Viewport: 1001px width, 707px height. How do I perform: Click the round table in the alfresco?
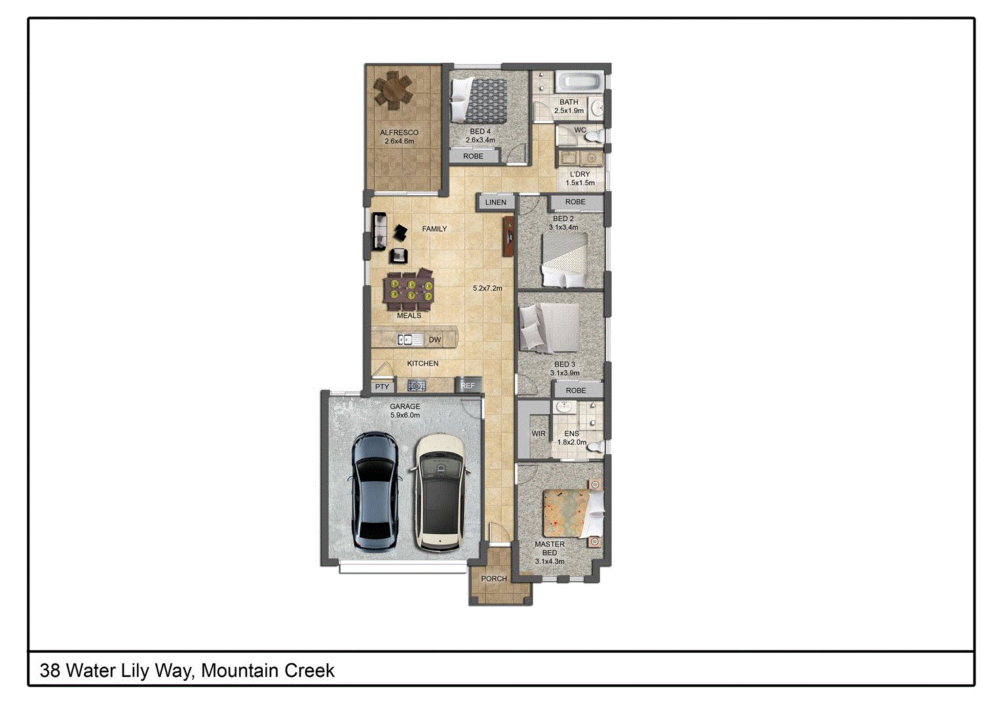[394, 90]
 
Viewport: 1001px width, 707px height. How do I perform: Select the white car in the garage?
[440, 492]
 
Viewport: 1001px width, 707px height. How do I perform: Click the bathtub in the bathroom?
[578, 83]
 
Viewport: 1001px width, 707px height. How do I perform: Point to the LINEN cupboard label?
[496, 202]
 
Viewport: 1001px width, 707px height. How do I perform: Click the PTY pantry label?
[382, 387]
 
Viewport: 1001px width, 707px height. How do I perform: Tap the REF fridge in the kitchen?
[468, 386]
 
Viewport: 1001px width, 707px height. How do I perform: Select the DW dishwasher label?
[435, 340]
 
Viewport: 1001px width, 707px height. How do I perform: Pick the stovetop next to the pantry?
[417, 386]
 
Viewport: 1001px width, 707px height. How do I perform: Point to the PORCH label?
[494, 579]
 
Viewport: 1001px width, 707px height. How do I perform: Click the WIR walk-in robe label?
[538, 434]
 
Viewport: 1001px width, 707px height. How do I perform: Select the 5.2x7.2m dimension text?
[487, 288]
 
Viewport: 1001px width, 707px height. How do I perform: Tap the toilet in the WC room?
[594, 137]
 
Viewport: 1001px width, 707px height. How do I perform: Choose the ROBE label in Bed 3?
[576, 390]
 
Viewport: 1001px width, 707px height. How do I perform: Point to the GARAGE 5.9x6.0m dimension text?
[405, 415]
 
